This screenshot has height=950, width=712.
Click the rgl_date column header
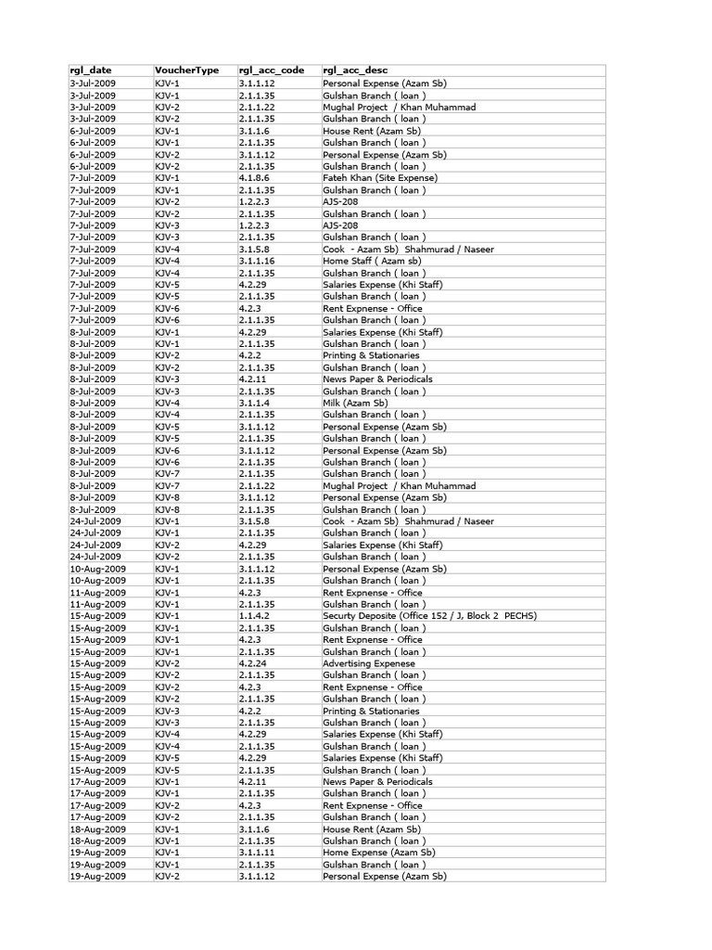91,71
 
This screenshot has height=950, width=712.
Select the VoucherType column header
186,71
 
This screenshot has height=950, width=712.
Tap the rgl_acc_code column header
271,71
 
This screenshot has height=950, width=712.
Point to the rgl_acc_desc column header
355,71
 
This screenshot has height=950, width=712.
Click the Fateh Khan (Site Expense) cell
380,178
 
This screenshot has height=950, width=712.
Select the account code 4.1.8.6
255,178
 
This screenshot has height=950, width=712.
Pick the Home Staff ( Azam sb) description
372,261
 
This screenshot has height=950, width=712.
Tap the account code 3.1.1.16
257,261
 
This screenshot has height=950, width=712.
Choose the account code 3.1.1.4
255,404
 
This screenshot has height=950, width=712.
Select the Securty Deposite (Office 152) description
429,616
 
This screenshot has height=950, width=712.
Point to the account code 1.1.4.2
255,616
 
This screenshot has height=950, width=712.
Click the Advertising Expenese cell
369,664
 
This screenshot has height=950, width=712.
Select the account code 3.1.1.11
257,853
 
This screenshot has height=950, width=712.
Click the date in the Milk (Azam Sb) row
93,404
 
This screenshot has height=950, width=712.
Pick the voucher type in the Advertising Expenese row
168,664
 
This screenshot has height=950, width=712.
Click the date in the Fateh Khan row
93,178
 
